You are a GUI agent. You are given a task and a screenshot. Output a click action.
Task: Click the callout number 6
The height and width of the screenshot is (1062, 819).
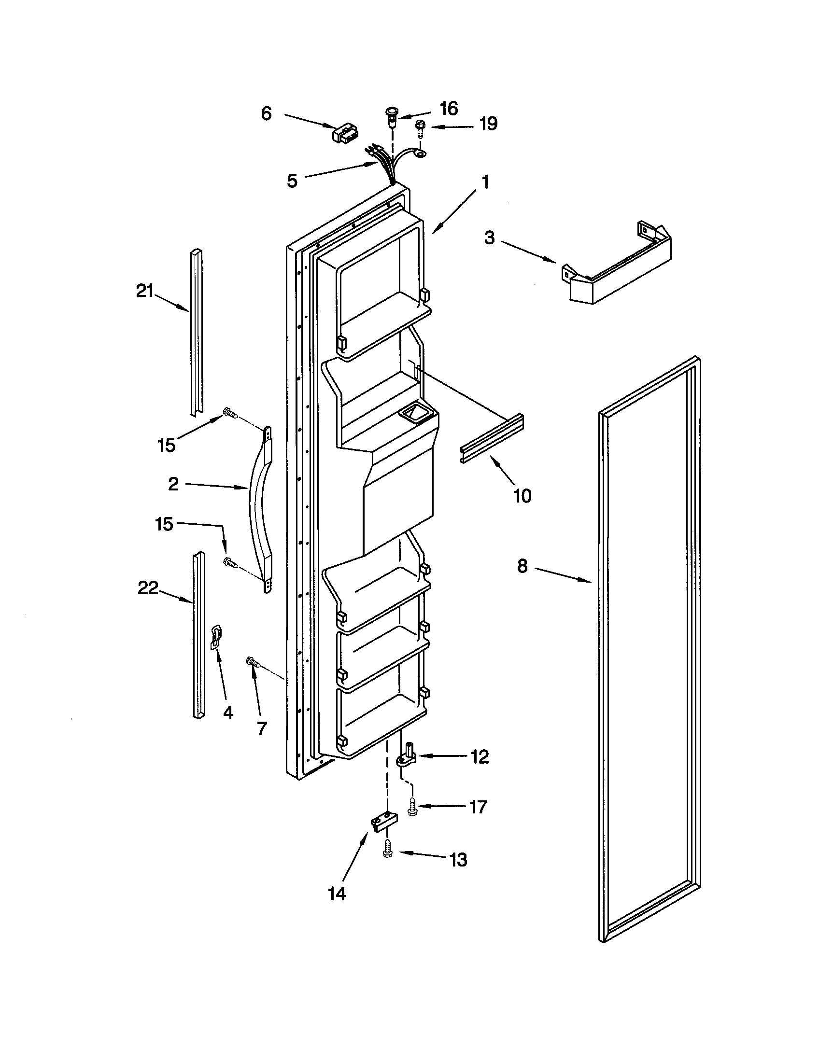click(x=266, y=114)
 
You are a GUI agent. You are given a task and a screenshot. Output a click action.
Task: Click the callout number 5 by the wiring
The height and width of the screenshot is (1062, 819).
click(x=292, y=182)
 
